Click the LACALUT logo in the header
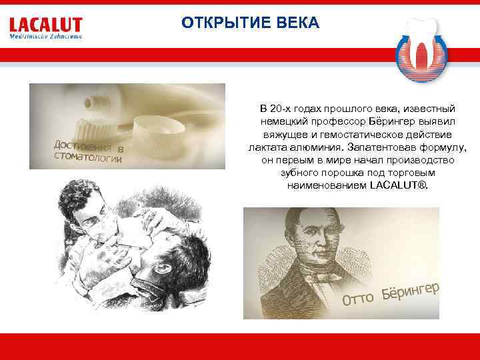46,25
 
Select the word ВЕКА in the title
296,24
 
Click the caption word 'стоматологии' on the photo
89,158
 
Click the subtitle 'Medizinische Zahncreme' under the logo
46,37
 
